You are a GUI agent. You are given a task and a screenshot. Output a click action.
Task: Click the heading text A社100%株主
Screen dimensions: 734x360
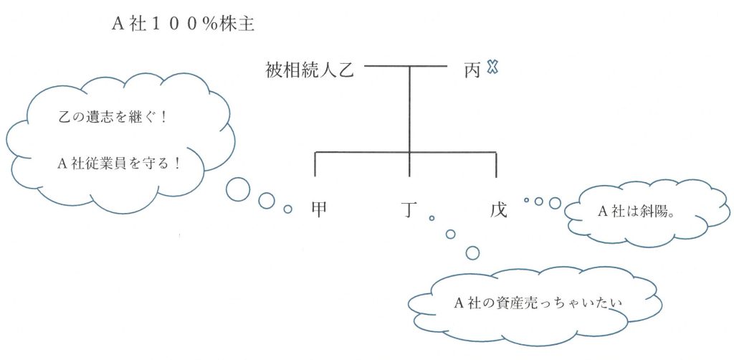pos(183,24)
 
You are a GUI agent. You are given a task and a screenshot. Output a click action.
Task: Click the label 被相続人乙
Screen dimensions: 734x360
pos(310,71)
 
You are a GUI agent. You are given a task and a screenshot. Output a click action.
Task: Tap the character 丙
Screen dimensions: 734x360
pos(473,71)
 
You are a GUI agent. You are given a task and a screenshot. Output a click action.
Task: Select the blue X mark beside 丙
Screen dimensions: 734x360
pos(492,67)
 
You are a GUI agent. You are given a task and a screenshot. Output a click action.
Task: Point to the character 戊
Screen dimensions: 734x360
pos(498,209)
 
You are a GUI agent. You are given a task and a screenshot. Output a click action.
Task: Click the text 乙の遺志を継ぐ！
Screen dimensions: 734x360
pos(112,117)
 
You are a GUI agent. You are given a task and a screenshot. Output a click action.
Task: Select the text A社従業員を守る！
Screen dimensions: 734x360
pos(119,164)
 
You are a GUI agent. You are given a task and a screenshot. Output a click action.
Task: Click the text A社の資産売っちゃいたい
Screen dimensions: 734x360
pos(538,303)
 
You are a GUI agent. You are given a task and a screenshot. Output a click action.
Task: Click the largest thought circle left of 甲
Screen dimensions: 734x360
pos(238,189)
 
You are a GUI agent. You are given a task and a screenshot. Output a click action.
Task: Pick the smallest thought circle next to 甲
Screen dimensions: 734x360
pos(288,209)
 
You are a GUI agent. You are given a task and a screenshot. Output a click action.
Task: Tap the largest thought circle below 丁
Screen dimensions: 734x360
pos(473,252)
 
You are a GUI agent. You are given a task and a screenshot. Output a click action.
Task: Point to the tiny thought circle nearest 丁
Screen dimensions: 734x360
pos(432,218)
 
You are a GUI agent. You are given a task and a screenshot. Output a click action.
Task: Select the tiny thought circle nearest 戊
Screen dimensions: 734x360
pos(527,200)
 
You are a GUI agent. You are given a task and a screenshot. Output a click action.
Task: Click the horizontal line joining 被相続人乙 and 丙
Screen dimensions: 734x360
pos(406,67)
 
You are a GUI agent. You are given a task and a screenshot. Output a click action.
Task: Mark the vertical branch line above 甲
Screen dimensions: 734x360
pos(315,164)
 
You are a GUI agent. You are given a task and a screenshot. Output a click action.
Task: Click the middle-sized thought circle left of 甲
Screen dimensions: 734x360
pos(267,200)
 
